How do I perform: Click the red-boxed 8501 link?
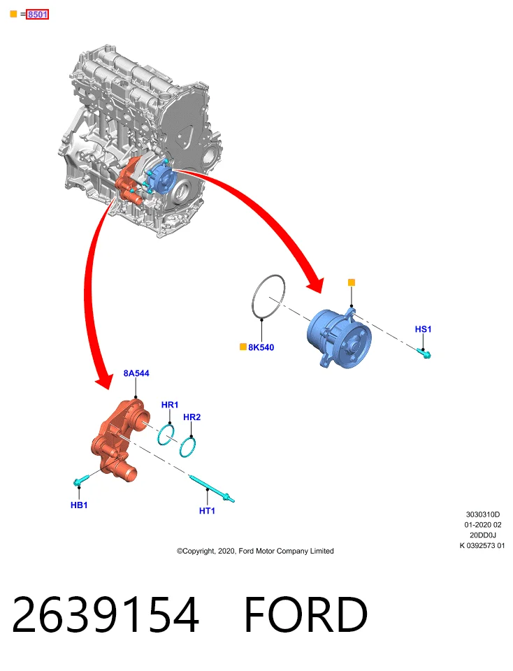point(37,15)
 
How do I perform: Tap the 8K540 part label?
point(261,347)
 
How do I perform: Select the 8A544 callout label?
point(136,373)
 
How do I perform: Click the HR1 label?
point(169,405)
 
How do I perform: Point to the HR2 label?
point(192,417)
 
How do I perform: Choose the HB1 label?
point(79,505)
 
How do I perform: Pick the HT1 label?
point(207,510)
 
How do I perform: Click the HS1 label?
point(423,329)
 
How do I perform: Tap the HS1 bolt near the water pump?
point(424,353)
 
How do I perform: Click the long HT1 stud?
point(211,489)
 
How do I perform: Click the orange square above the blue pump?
point(352,282)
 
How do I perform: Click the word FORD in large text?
point(305,615)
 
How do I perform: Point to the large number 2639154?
point(106,615)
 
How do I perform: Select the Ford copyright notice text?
point(255,551)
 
